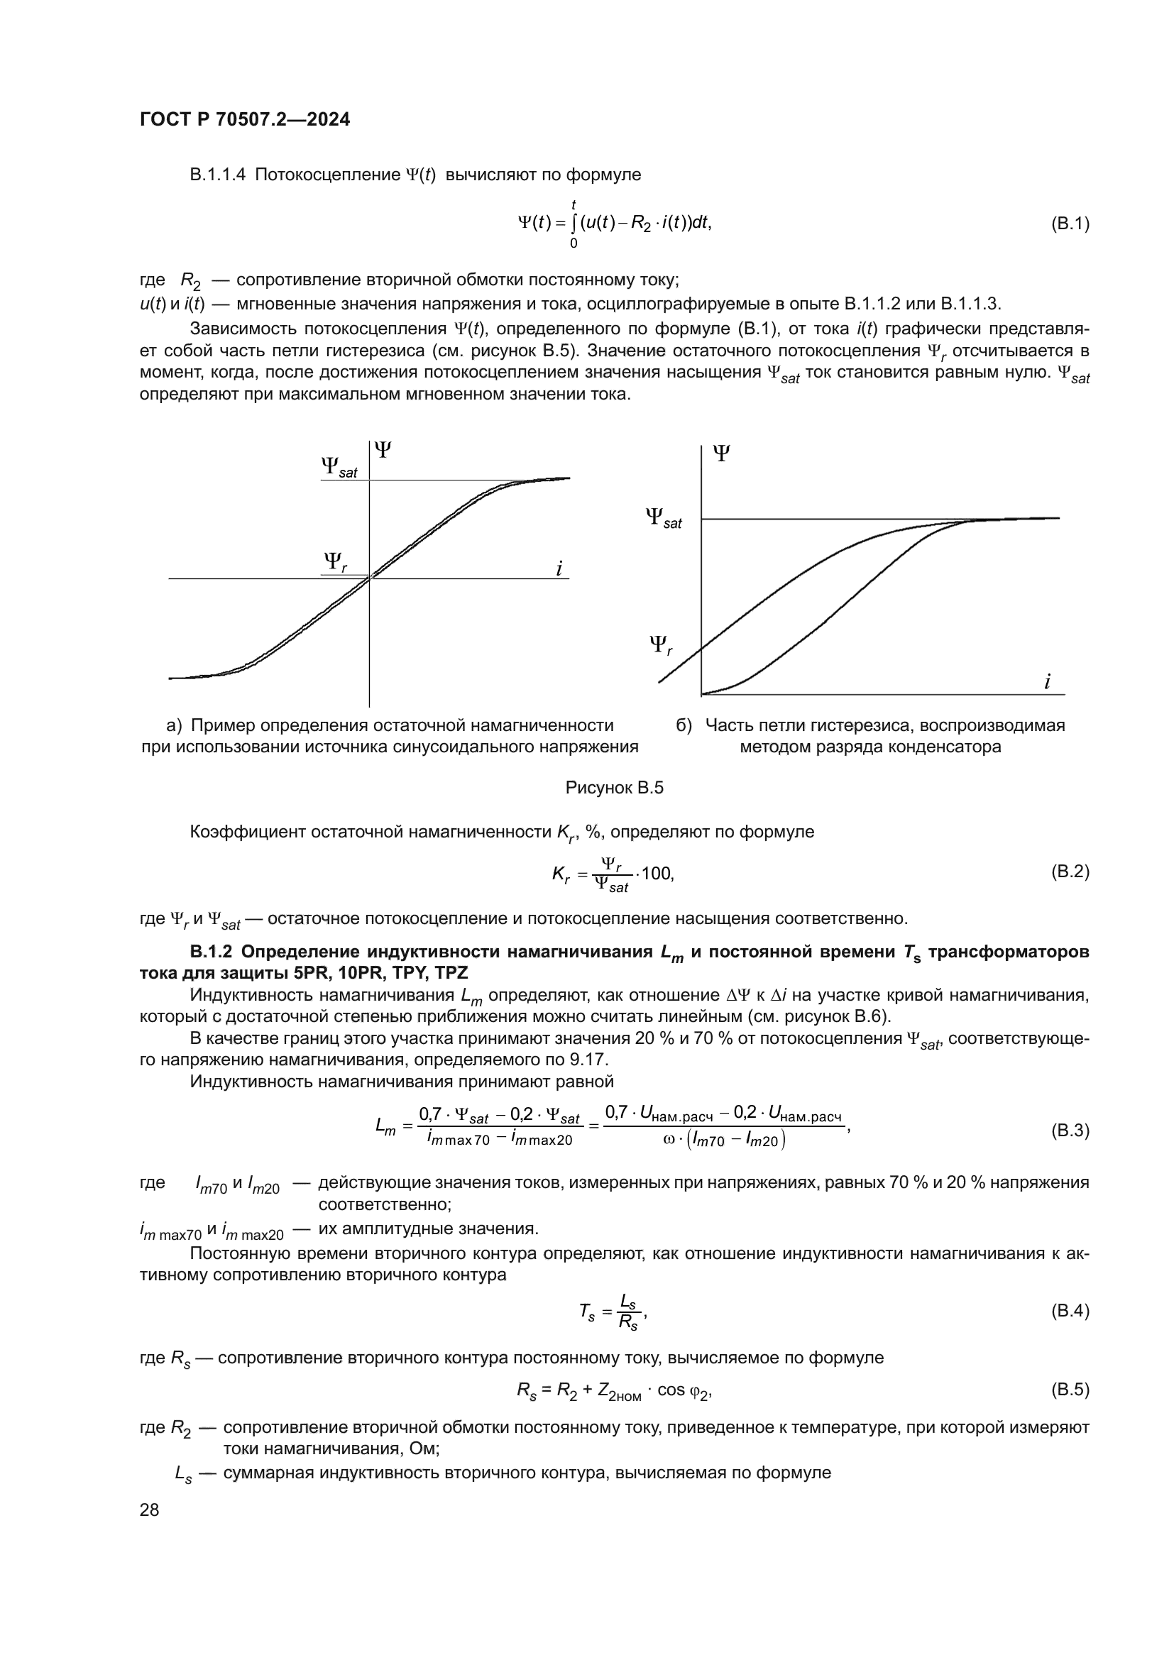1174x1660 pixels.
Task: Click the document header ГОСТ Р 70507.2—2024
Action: (x=244, y=119)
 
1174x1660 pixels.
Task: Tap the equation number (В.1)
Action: (x=1069, y=224)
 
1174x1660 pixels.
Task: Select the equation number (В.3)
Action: (x=1069, y=1130)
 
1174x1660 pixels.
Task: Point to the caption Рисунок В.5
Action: (x=614, y=787)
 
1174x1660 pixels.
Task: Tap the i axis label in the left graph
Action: (x=559, y=568)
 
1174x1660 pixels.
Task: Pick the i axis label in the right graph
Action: (x=1047, y=681)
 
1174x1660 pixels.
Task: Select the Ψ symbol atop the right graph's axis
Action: (x=720, y=454)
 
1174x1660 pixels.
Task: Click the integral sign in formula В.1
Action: (x=574, y=224)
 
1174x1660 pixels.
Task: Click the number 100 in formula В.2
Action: (x=656, y=874)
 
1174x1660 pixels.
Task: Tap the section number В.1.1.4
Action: (x=218, y=175)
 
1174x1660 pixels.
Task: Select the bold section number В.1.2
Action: (x=210, y=952)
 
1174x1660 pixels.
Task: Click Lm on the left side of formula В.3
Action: (x=385, y=1126)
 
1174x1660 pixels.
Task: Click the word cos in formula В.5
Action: (x=670, y=1390)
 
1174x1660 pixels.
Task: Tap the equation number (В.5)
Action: (x=1069, y=1390)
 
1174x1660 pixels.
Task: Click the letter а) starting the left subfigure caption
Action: (x=173, y=725)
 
